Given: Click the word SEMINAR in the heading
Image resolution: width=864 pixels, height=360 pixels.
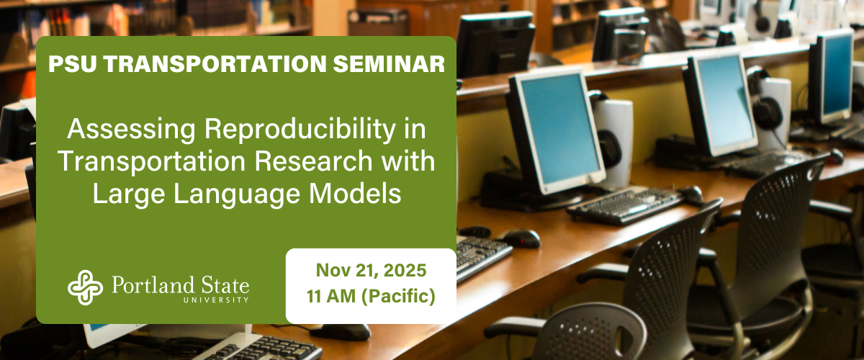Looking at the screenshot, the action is [389, 63].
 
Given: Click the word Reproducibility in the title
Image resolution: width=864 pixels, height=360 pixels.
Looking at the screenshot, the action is [300, 130].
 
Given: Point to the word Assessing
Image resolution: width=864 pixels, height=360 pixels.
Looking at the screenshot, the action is [132, 130].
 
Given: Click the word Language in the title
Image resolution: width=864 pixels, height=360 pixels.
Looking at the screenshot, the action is [236, 194].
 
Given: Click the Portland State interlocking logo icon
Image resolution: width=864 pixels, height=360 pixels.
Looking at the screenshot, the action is [85, 287].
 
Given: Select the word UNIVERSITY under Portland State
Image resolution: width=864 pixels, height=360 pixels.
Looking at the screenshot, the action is [217, 300].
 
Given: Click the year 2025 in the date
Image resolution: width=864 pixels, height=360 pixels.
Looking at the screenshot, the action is [405, 271].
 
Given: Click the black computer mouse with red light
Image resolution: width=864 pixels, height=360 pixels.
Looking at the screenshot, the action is [520, 238].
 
